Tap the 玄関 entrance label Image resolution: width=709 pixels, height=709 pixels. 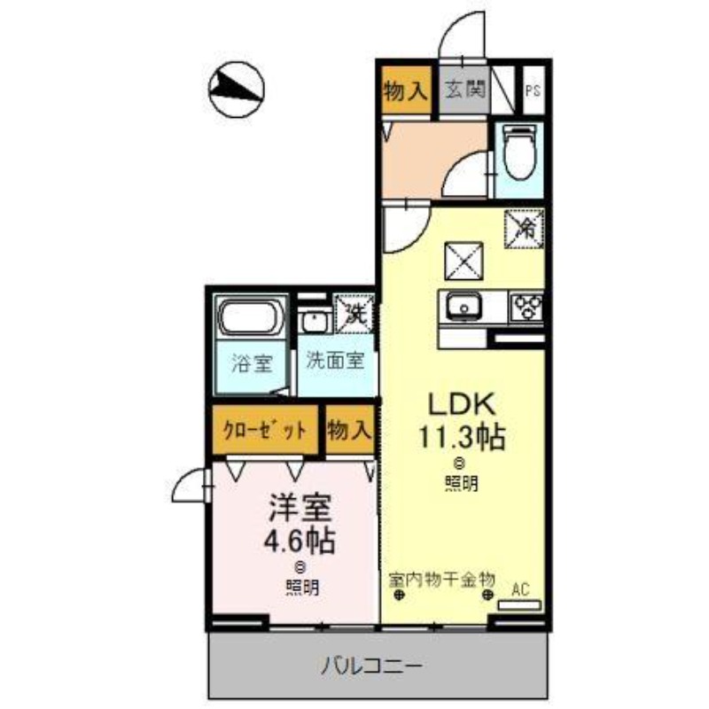tap(464, 90)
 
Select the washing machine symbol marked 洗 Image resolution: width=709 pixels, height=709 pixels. tap(355, 314)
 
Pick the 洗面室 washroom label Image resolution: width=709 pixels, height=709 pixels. tap(336, 361)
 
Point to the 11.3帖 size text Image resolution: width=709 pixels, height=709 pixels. tap(462, 438)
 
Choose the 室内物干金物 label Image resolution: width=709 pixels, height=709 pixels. tap(440, 580)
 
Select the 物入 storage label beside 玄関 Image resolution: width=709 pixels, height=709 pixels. tap(406, 90)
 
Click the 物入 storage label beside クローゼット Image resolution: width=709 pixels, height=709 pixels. tap(348, 432)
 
